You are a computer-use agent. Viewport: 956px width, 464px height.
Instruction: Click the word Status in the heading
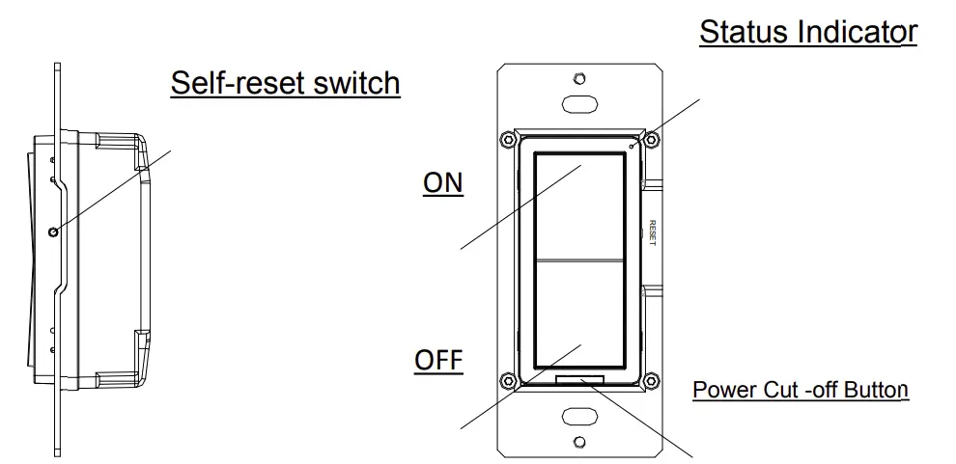(745, 32)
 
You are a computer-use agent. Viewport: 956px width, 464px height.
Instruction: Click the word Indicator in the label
(857, 32)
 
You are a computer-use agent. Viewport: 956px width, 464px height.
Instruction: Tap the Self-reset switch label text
(285, 83)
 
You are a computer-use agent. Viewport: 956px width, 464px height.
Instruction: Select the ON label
(443, 183)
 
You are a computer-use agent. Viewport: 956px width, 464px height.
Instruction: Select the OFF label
(438, 362)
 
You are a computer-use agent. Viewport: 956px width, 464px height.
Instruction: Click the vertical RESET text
(653, 233)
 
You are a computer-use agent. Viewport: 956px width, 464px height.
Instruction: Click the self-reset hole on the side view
(56, 230)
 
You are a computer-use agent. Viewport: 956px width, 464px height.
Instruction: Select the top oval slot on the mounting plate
(578, 103)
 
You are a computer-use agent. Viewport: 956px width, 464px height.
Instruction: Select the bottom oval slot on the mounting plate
(578, 418)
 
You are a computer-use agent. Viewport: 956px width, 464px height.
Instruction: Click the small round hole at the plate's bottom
(578, 443)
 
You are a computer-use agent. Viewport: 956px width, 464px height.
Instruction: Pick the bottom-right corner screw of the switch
(651, 380)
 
